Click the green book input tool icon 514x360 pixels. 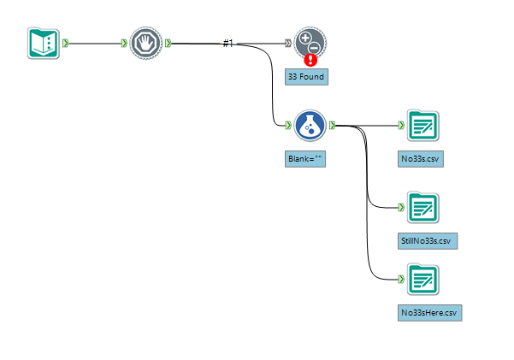(x=43, y=43)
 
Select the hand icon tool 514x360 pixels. (x=146, y=43)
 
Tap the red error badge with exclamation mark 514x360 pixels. (x=310, y=60)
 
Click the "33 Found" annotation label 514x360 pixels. (x=306, y=77)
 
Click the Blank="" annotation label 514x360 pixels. (x=306, y=159)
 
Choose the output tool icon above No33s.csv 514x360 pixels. (x=422, y=125)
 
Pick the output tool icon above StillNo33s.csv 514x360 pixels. (x=422, y=207)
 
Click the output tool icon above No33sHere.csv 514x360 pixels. (x=422, y=280)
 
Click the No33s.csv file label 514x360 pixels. (x=422, y=159)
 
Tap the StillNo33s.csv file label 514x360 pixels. (x=428, y=241)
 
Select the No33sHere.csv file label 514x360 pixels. (x=429, y=313)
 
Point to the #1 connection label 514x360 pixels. (x=227, y=43)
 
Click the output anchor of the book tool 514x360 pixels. (x=67, y=43)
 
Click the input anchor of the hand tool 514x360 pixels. (x=126, y=43)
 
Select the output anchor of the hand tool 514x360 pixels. (x=168, y=43)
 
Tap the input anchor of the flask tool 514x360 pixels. (x=289, y=125)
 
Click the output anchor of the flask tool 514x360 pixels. (x=332, y=125)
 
